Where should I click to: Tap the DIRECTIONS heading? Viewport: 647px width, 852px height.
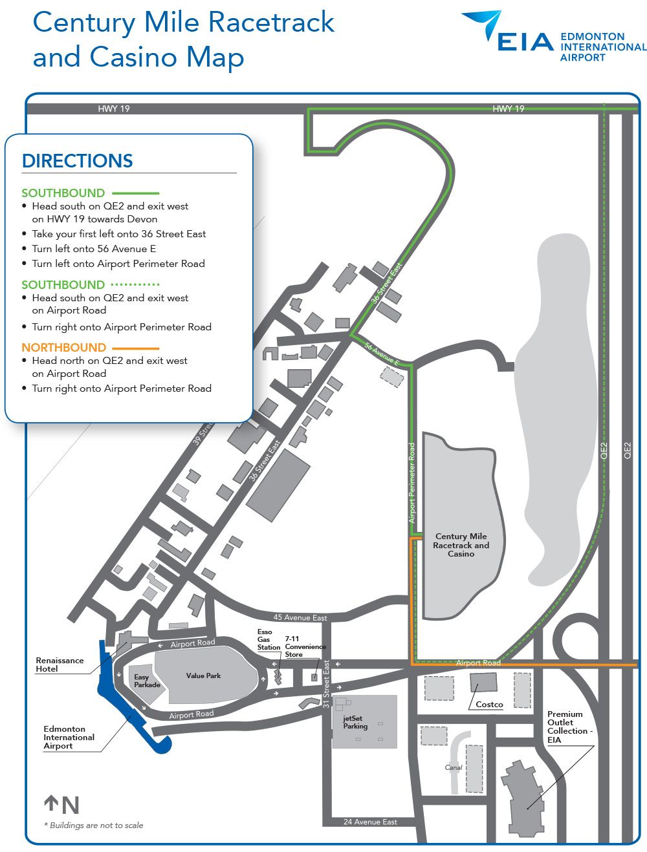click(x=77, y=161)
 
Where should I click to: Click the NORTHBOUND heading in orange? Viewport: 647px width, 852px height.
click(x=63, y=347)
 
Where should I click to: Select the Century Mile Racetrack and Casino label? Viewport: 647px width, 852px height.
click(x=461, y=545)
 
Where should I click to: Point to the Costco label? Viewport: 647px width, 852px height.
click(x=489, y=704)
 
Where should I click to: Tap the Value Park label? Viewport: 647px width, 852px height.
click(x=203, y=676)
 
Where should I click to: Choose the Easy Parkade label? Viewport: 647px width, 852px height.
click(x=147, y=681)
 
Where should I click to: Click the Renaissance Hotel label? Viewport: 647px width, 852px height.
click(x=60, y=665)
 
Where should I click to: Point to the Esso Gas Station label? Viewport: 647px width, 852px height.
click(x=268, y=639)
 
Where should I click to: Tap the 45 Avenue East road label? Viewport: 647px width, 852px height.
click(x=300, y=618)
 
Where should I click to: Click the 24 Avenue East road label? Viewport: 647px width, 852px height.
click(x=370, y=822)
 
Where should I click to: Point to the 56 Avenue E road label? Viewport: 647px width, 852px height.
click(x=382, y=352)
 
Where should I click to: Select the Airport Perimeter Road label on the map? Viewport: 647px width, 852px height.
click(x=411, y=482)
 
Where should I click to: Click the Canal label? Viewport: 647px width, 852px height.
click(x=453, y=767)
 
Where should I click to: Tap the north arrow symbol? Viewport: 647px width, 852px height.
click(x=52, y=804)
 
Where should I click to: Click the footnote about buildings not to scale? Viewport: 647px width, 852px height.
click(x=94, y=825)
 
